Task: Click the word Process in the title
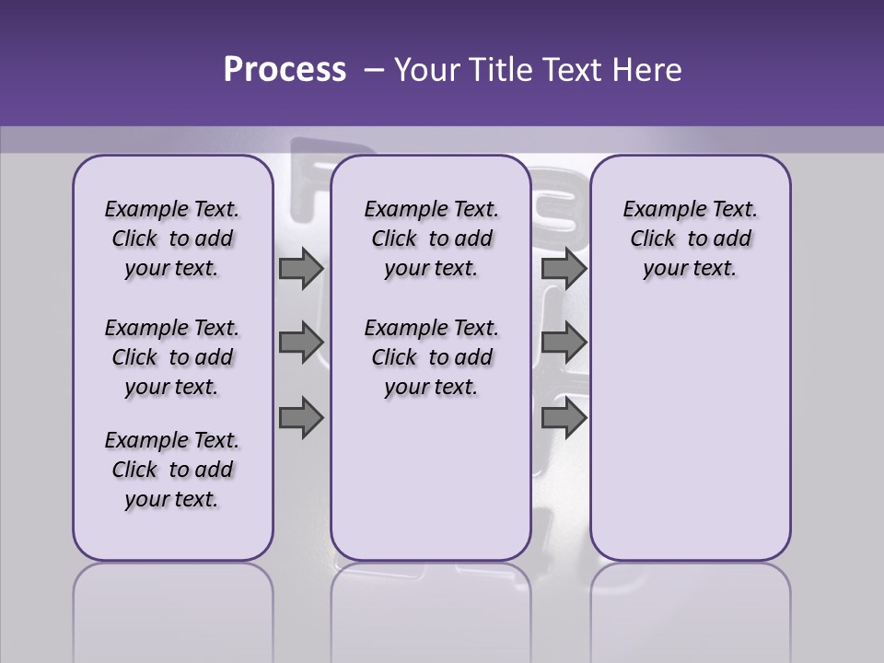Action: pos(285,70)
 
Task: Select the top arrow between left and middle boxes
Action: pos(300,268)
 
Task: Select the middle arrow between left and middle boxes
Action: pos(300,343)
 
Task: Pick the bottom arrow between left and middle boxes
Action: pos(300,418)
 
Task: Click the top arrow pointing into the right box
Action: pos(564,268)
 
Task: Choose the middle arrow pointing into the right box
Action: pos(564,343)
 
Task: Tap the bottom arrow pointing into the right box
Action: pos(564,418)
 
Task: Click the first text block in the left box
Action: pos(172,238)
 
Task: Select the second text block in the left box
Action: pos(172,357)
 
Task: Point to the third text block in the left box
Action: pos(172,470)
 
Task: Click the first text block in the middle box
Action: pos(431,238)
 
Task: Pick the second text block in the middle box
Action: pos(431,357)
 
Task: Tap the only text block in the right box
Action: pos(690,238)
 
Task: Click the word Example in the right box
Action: pos(657,210)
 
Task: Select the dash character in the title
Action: pos(374,70)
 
